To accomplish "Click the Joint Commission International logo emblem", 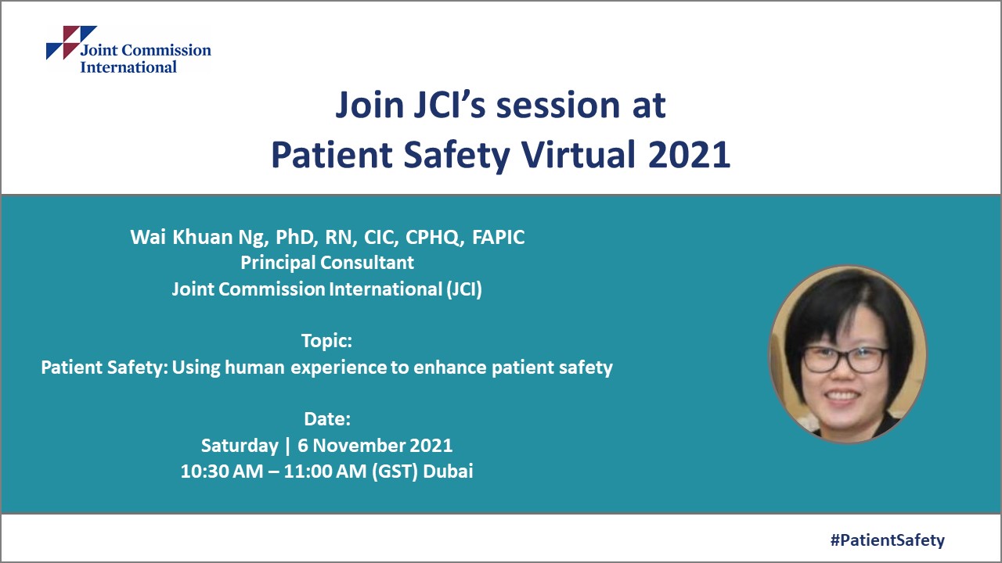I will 70,42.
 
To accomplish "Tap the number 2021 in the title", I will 689,155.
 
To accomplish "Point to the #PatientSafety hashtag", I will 887,540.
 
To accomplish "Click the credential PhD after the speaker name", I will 294,238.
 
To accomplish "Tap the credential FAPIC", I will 498,238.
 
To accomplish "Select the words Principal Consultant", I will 327,263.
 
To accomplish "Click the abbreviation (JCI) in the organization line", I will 463,289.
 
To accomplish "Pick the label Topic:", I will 326,341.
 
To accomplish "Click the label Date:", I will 326,419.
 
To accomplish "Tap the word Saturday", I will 240,446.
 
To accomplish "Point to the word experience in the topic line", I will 339,368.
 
